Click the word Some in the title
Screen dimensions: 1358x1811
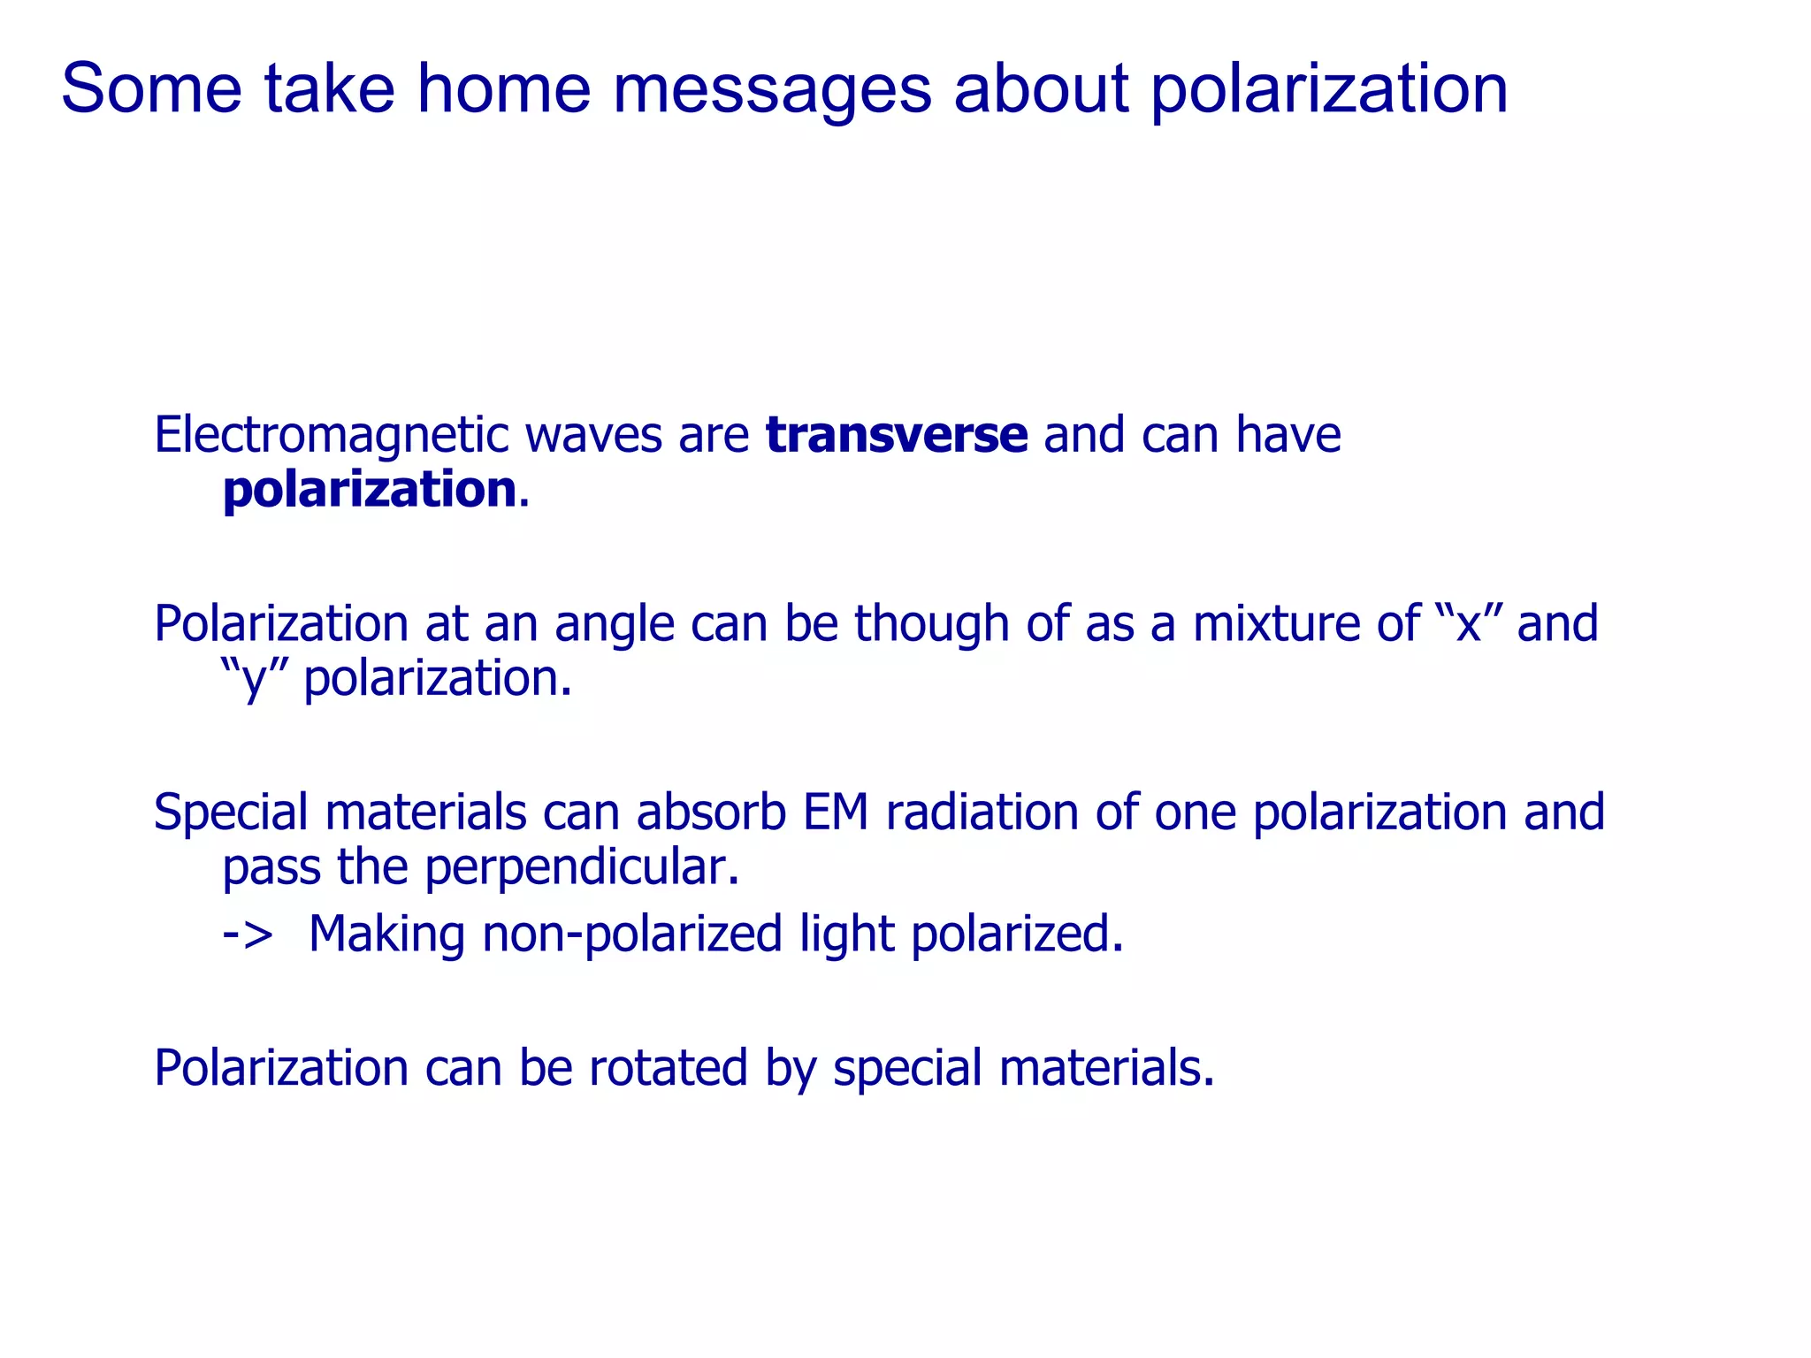point(151,89)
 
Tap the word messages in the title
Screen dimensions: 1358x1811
point(772,89)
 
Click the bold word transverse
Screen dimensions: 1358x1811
point(896,435)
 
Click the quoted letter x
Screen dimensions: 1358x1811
point(1469,623)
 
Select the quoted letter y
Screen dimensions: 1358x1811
point(254,679)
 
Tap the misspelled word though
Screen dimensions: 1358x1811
point(931,623)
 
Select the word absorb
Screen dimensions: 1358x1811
point(711,812)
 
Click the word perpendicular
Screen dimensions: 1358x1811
point(581,867)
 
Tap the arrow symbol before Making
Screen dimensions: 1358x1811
point(247,935)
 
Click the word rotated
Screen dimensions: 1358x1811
point(668,1068)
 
